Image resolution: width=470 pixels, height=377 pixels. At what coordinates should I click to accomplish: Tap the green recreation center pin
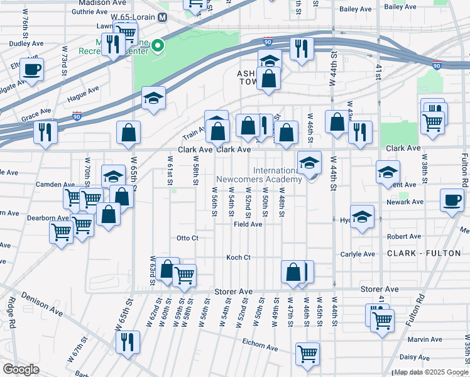(159, 45)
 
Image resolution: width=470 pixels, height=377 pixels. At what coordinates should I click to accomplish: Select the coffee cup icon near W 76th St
(31, 70)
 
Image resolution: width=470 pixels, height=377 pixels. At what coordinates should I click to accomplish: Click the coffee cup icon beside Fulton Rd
(452, 200)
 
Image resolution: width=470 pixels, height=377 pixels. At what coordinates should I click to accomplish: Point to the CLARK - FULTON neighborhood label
(418, 253)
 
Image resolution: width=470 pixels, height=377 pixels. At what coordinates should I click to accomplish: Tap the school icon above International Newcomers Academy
(309, 163)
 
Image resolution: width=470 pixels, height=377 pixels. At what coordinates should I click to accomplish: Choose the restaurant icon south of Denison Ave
(127, 342)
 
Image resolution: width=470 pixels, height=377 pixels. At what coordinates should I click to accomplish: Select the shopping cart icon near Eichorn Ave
(307, 354)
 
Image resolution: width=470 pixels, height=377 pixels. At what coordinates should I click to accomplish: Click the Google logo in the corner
(21, 369)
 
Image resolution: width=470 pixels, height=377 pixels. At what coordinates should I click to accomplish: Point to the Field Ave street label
(248, 224)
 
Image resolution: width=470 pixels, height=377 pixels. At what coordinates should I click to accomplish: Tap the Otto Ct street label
(187, 238)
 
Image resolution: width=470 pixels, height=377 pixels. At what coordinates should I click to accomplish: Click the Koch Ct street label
(238, 258)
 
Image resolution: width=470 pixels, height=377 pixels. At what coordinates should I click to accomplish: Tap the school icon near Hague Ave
(153, 98)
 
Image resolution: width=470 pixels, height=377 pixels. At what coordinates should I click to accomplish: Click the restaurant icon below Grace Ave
(45, 132)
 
